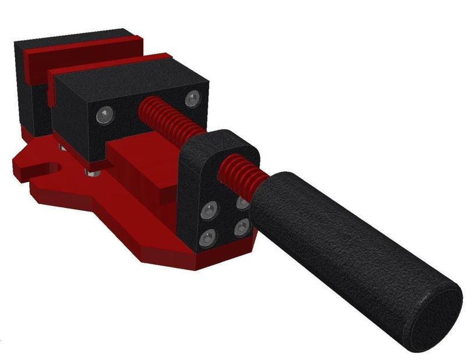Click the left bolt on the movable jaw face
103,114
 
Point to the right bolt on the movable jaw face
192,98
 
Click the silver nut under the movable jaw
92,172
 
